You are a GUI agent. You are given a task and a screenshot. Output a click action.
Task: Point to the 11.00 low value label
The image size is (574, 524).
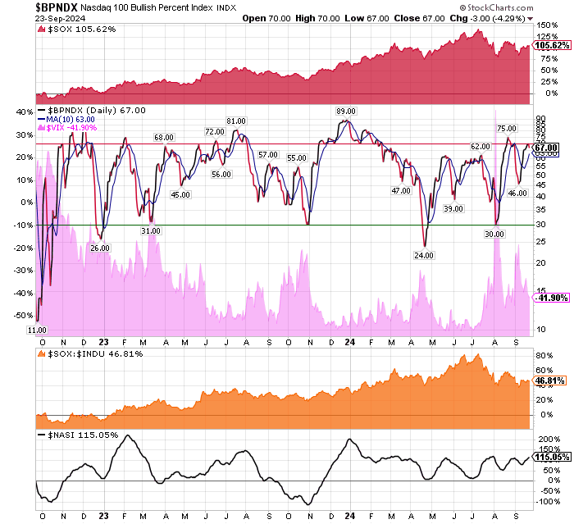pos(37,329)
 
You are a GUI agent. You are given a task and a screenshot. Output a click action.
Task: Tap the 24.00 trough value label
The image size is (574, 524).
pos(424,256)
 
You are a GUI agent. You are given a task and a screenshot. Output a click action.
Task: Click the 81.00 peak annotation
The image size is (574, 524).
pos(236,121)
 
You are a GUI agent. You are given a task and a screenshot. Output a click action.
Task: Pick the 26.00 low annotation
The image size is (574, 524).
pos(99,248)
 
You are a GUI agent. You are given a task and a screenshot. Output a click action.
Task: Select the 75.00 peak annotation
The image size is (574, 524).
pos(506,128)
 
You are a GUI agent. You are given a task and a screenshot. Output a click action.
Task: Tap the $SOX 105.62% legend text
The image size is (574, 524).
pos(76,30)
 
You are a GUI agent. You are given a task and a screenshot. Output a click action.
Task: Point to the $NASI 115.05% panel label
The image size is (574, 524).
pos(80,435)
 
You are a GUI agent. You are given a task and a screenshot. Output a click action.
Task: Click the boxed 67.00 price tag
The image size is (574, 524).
pos(546,148)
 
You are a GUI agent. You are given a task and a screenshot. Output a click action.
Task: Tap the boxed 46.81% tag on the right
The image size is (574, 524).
pos(548,381)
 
